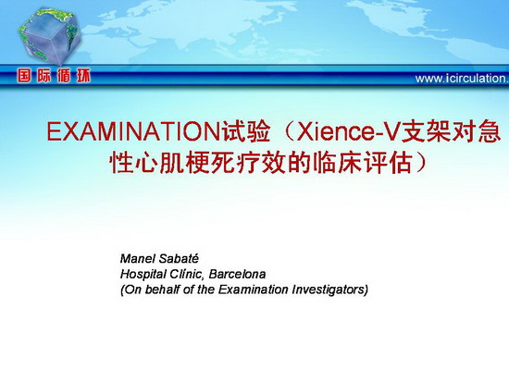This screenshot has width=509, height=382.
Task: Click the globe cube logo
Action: pyautogui.click(x=49, y=36)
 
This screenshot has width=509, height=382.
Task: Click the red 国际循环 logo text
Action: pyautogui.click(x=54, y=76)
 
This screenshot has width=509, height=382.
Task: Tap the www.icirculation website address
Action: pyautogui.click(x=462, y=79)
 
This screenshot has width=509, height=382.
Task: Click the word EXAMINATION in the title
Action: pyautogui.click(x=134, y=131)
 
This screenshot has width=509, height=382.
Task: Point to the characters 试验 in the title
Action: pyautogui.click(x=246, y=131)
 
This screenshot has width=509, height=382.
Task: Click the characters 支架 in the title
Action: pyautogui.click(x=426, y=131)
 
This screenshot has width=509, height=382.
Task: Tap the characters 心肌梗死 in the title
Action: pyautogui.click(x=185, y=162)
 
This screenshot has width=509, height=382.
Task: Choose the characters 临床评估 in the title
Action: pyautogui.click(x=362, y=162)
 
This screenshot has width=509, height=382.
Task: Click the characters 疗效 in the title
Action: pyautogui.click(x=261, y=162)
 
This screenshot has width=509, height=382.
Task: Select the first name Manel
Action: pyautogui.click(x=137, y=259)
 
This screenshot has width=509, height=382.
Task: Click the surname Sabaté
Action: pyautogui.click(x=179, y=259)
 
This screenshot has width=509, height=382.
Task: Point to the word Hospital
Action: pyautogui.click(x=143, y=275)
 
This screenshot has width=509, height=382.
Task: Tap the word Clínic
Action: pyautogui.click(x=187, y=275)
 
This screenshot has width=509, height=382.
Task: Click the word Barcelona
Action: pyautogui.click(x=237, y=275)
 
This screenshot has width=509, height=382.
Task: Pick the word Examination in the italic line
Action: pyautogui.click(x=253, y=290)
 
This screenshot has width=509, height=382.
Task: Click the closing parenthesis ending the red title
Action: pyautogui.click(x=420, y=162)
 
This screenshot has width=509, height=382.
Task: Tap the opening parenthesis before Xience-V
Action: pyautogui.click(x=288, y=131)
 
